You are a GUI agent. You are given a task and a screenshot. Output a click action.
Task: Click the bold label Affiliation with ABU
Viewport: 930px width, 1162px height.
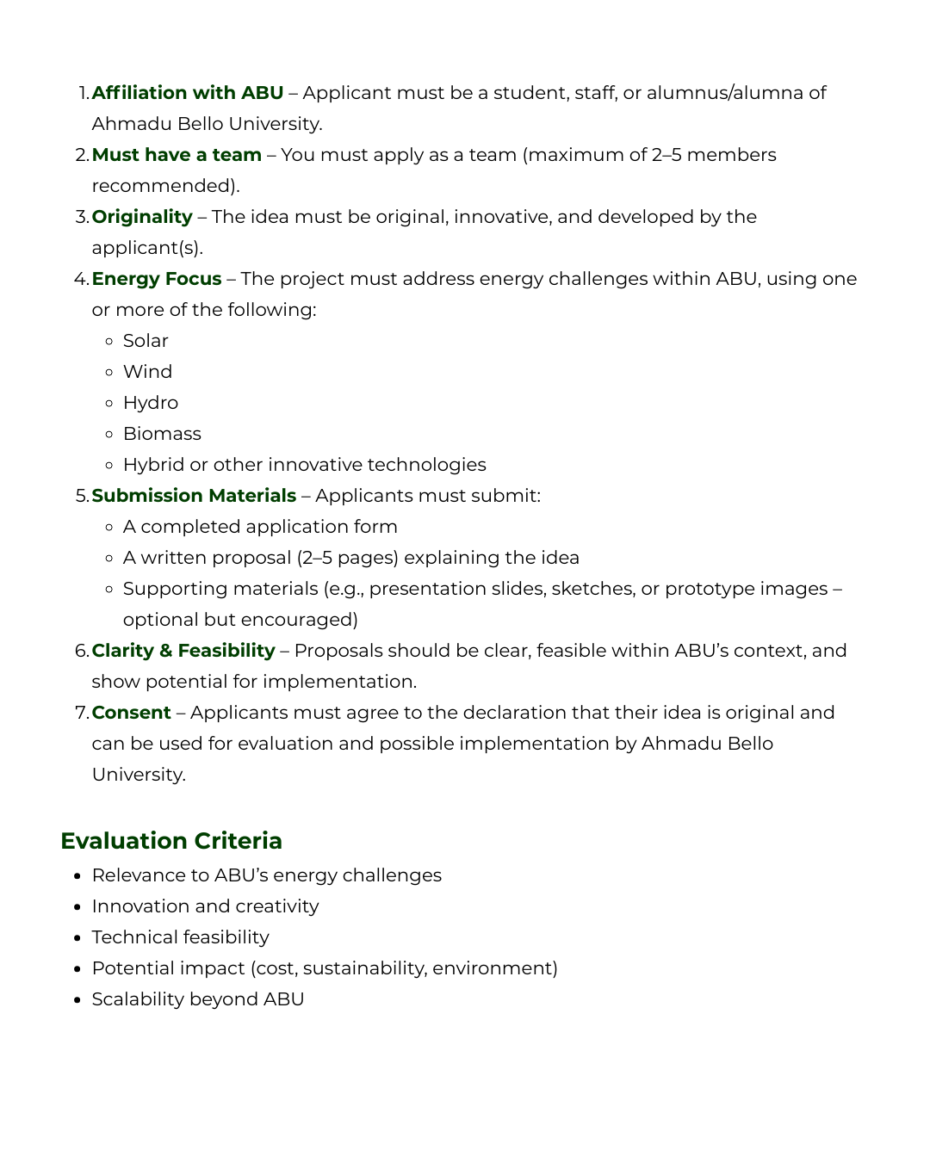click(187, 93)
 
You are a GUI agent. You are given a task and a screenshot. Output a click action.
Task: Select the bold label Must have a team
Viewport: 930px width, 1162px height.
click(177, 155)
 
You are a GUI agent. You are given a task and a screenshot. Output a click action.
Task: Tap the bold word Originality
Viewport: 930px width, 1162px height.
click(142, 217)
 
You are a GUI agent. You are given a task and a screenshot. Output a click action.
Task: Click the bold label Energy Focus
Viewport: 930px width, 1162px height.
click(157, 279)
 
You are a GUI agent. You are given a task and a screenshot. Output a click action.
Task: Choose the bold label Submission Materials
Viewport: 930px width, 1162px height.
click(194, 496)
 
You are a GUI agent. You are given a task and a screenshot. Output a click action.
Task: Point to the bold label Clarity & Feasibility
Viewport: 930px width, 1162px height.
click(183, 651)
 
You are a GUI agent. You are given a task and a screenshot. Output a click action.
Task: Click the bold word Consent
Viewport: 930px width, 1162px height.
click(132, 713)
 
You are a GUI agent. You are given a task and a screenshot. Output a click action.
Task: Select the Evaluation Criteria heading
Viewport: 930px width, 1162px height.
click(171, 841)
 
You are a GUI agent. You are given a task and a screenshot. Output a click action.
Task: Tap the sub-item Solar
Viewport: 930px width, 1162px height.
click(146, 341)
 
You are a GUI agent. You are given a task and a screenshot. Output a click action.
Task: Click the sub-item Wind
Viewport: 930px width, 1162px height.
click(147, 372)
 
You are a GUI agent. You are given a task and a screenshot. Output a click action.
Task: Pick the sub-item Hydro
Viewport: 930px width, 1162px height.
click(151, 403)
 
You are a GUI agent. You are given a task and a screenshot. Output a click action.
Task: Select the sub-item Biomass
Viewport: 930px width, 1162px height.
click(162, 434)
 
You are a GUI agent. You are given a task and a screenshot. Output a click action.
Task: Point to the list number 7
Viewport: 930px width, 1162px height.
click(81, 713)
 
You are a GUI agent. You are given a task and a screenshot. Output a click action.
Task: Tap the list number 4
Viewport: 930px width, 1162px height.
click(81, 279)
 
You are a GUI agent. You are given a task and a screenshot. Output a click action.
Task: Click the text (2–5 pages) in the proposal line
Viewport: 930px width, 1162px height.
click(347, 558)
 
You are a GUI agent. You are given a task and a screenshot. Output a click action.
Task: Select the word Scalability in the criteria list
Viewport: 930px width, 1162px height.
click(137, 999)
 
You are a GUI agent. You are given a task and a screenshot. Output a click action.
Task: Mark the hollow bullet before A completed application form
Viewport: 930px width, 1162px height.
click(108, 527)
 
